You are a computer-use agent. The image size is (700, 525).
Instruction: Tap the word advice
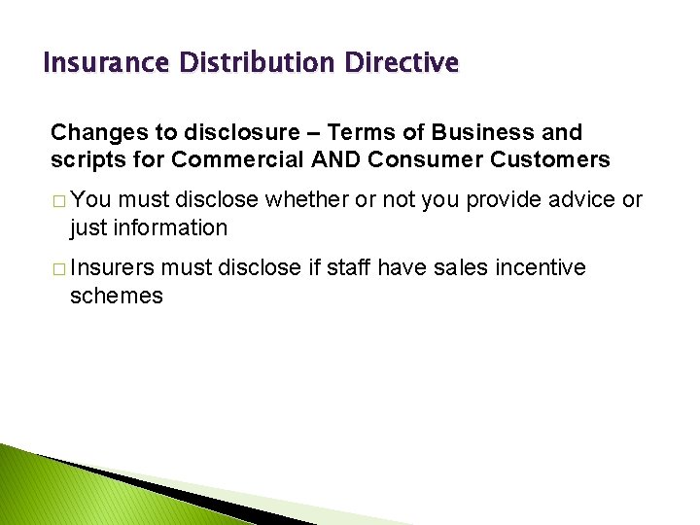coord(580,200)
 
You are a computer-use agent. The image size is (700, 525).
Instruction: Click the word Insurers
coord(113,268)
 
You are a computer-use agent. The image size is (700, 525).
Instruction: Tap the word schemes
coord(117,296)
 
